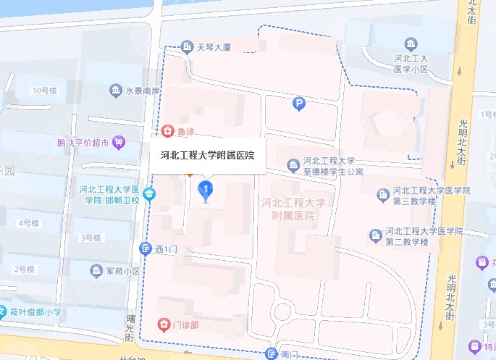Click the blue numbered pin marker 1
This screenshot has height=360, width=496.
tap(206, 191)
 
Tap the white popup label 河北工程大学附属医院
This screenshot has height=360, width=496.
tap(207, 154)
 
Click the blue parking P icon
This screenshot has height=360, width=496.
tap(298, 105)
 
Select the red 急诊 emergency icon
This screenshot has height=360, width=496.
tap(168, 131)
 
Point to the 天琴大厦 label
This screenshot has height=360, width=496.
tap(214, 47)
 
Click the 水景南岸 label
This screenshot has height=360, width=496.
tap(142, 91)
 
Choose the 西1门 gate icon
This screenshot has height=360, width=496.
tap(146, 248)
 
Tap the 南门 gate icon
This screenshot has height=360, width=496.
tap(272, 353)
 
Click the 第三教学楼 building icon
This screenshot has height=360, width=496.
tap(384, 194)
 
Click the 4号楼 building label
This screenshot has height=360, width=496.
tap(29, 222)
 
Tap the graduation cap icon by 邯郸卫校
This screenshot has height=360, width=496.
tap(148, 193)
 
